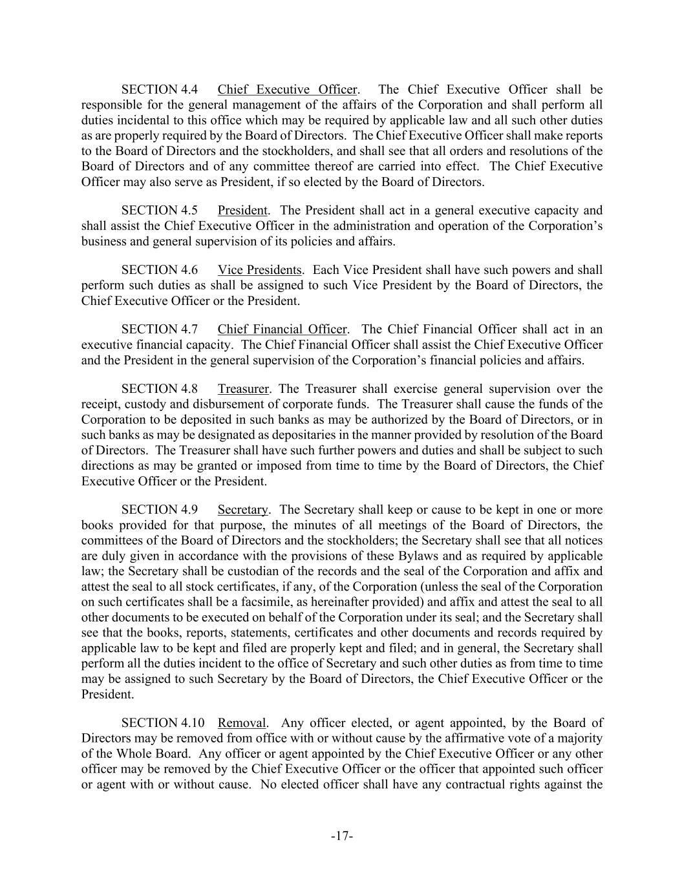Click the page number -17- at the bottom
pyautogui.click(x=341, y=837)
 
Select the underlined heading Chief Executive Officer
pyautogui.click(x=287, y=90)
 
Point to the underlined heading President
pyautogui.click(x=242, y=211)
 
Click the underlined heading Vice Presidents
pyautogui.click(x=259, y=270)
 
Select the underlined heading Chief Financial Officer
pyautogui.click(x=282, y=330)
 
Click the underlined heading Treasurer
pyautogui.click(x=243, y=389)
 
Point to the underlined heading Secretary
pyautogui.click(x=242, y=510)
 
